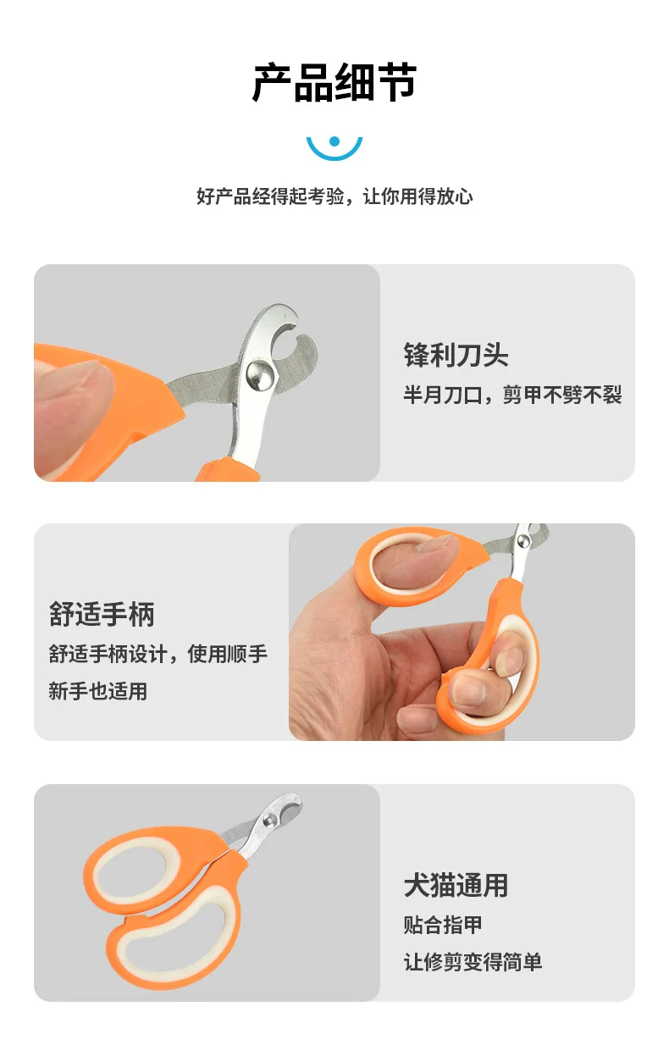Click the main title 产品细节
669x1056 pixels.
pyautogui.click(x=334, y=82)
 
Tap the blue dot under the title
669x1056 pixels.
pyautogui.click(x=334, y=141)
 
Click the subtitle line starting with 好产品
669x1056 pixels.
pyautogui.click(x=334, y=196)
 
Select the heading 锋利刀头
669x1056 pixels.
pyautogui.click(x=456, y=355)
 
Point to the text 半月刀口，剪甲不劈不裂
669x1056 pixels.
pyautogui.click(x=512, y=394)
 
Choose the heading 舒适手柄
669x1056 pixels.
pyautogui.click(x=102, y=614)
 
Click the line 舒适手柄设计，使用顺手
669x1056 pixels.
pyautogui.click(x=158, y=654)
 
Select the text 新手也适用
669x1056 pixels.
pyautogui.click(x=98, y=691)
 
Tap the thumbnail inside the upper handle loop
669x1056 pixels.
pyautogui.click(x=439, y=545)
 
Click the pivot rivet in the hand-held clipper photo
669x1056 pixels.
pyautogui.click(x=522, y=541)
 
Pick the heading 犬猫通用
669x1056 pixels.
pyautogui.click(x=456, y=885)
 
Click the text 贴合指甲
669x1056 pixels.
pyautogui.click(x=443, y=925)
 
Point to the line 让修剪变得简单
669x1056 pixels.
pyautogui.click(x=473, y=962)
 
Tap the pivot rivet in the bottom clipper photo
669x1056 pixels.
pyautogui.click(x=269, y=819)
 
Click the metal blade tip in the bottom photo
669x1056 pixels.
pyautogui.click(x=294, y=800)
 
